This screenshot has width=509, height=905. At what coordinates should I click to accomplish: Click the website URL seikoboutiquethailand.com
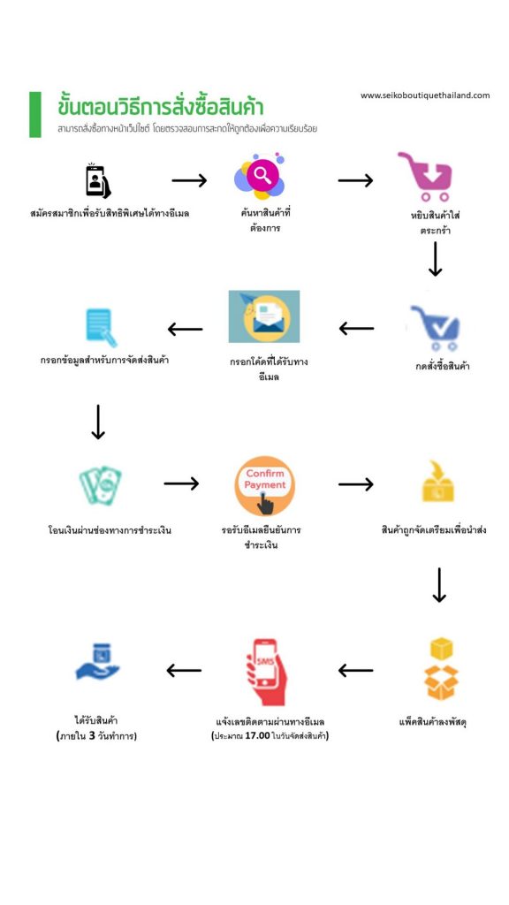point(425,95)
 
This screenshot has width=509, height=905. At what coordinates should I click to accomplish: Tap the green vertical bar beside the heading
point(35,114)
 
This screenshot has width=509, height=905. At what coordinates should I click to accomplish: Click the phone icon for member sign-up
point(97,180)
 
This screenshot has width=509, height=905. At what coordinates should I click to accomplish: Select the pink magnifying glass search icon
point(261,176)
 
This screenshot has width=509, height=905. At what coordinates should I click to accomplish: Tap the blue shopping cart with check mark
point(436,328)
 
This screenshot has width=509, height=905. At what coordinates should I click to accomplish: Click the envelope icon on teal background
point(264,316)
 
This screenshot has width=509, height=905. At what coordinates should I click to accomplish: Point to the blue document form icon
point(101,328)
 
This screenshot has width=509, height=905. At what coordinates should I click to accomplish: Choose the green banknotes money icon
point(101,485)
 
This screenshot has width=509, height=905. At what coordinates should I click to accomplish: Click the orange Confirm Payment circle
point(265,486)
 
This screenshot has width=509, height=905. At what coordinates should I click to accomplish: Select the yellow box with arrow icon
point(437,481)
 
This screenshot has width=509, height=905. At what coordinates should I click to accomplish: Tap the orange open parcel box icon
point(442,668)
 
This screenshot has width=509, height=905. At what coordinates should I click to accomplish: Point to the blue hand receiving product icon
point(97,662)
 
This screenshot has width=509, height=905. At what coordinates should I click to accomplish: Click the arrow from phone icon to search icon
point(189,180)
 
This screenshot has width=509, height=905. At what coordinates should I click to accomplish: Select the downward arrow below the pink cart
point(436,259)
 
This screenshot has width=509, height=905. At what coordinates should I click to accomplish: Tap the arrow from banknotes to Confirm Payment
point(181,483)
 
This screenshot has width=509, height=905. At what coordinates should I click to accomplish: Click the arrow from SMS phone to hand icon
point(184,671)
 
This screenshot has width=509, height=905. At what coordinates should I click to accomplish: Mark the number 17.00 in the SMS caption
point(257,736)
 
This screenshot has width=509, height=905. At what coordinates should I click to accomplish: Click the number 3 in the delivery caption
point(92,736)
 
